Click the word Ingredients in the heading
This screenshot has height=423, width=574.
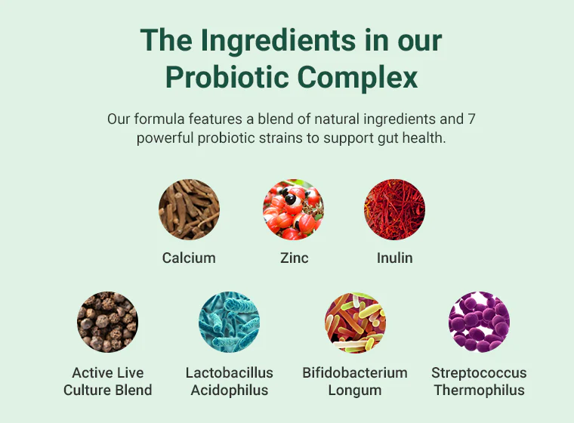coord(278,42)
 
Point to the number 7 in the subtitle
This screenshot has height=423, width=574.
coord(471,119)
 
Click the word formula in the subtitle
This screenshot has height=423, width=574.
coord(159,119)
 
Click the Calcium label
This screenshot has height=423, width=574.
coord(189,258)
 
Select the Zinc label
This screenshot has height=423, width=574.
coord(295,258)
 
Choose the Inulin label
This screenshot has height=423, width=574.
coord(394,258)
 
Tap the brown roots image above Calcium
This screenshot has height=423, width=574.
coord(190,209)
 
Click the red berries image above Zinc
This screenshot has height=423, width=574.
coord(293,209)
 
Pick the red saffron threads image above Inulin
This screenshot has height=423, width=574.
coord(394,209)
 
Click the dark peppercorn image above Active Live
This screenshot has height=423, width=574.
coord(107,322)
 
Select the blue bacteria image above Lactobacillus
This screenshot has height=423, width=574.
coord(229,322)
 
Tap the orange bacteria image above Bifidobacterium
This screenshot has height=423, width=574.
coord(355,322)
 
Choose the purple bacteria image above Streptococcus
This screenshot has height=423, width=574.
coord(479,322)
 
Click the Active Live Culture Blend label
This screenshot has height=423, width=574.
coord(107,381)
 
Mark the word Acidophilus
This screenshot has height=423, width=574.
coord(230,390)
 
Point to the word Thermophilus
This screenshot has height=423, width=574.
coord(479,390)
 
